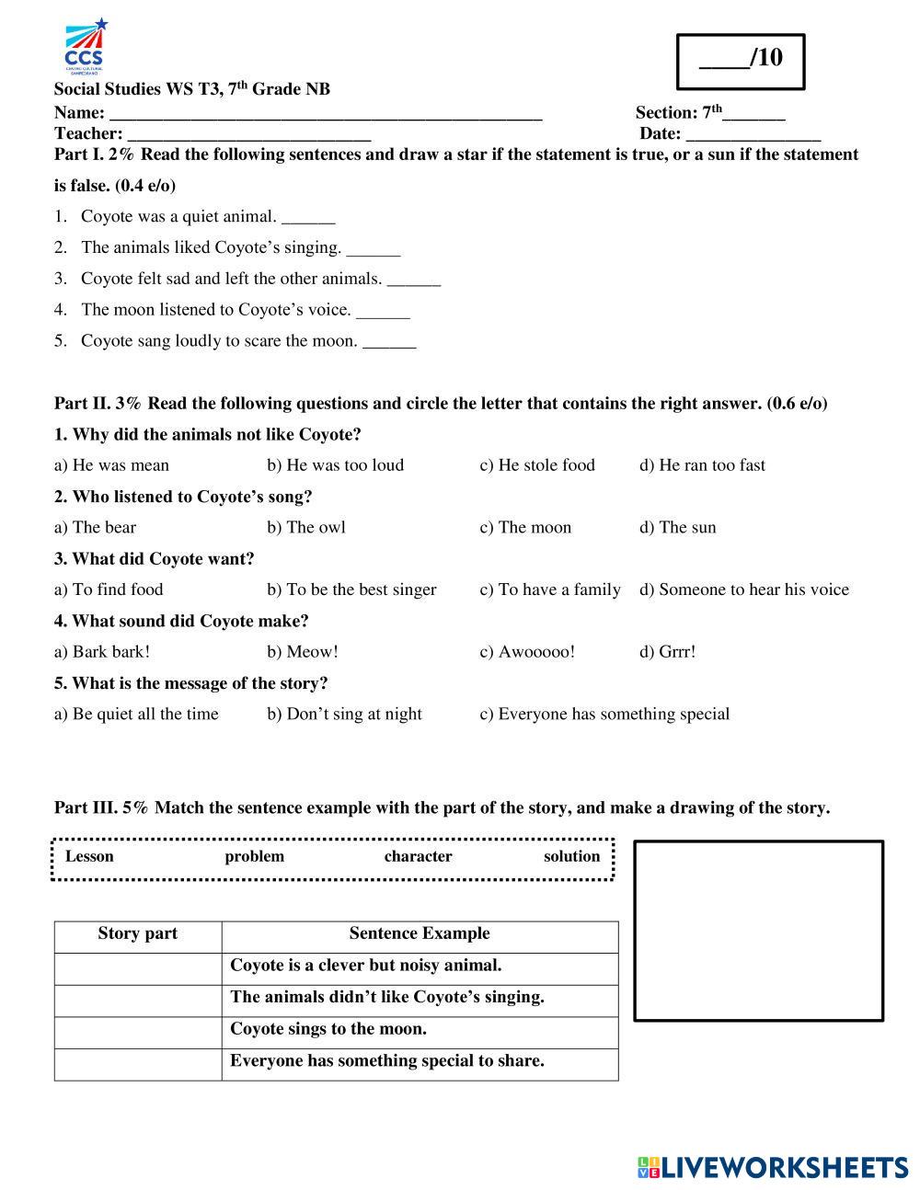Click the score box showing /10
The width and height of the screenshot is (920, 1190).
pyautogui.click(x=741, y=61)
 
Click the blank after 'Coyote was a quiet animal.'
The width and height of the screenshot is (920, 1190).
pyautogui.click(x=308, y=219)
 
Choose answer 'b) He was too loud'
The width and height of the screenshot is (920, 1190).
pyautogui.click(x=335, y=465)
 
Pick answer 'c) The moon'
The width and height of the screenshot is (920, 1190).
pyautogui.click(x=525, y=528)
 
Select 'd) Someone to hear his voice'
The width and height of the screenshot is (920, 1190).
pyautogui.click(x=743, y=589)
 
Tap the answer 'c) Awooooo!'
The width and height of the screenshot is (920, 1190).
pyautogui.click(x=527, y=652)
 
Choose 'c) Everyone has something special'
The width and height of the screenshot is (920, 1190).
pyautogui.click(x=604, y=715)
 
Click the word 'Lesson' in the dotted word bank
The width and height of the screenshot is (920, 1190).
pyautogui.click(x=89, y=857)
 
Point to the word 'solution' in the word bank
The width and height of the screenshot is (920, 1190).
pyautogui.click(x=571, y=857)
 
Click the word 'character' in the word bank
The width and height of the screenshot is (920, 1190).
pyautogui.click(x=418, y=857)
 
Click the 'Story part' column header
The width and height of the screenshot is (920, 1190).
pyautogui.click(x=137, y=934)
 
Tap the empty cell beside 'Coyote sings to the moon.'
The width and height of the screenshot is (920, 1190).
pyautogui.click(x=137, y=1033)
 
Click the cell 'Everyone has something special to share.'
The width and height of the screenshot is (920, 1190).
pyautogui.click(x=387, y=1061)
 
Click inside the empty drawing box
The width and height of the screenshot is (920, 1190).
pyautogui.click(x=758, y=930)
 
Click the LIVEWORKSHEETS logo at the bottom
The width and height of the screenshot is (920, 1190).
pyautogui.click(x=773, y=1167)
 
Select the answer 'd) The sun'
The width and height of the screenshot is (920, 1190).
pyautogui.click(x=677, y=528)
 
